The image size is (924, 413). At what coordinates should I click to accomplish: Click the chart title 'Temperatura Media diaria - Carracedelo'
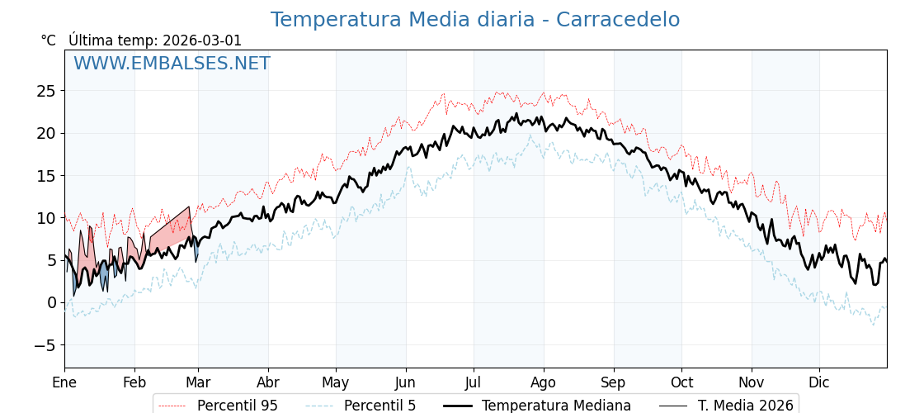click(x=475, y=20)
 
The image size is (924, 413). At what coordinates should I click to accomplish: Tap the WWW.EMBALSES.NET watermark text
click(x=172, y=64)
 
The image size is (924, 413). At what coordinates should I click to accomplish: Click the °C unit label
click(x=49, y=40)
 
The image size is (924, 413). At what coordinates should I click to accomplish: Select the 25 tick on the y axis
click(x=46, y=91)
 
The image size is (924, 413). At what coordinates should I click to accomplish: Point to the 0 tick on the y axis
click(x=51, y=302)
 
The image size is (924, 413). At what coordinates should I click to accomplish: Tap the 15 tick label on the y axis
click(x=46, y=176)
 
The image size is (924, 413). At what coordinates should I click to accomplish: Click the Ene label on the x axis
click(x=64, y=383)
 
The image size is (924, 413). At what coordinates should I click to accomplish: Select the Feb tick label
click(x=134, y=383)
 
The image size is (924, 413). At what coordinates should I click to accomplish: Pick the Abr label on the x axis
click(x=268, y=383)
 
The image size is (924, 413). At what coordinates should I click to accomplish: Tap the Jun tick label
click(x=405, y=383)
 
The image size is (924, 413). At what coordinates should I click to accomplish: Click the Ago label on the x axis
click(x=544, y=383)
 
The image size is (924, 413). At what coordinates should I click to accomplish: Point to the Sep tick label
click(x=614, y=383)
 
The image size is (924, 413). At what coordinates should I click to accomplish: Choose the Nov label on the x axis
click(x=752, y=383)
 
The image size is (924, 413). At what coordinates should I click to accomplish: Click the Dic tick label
click(x=819, y=383)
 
